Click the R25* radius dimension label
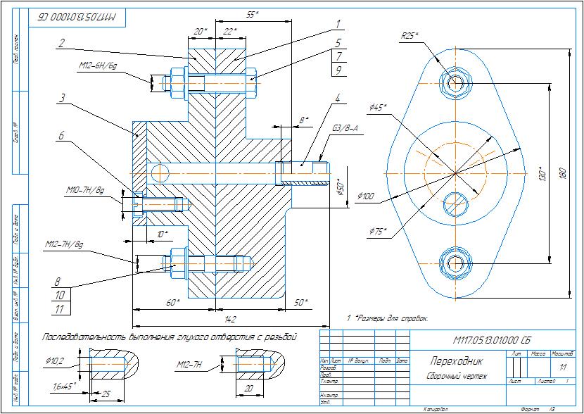click(410, 35)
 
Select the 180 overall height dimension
click(562, 173)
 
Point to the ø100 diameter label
click(366, 196)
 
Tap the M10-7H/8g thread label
click(85, 190)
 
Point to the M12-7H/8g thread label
click(63, 244)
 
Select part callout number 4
click(338, 98)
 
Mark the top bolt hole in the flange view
click(454, 82)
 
